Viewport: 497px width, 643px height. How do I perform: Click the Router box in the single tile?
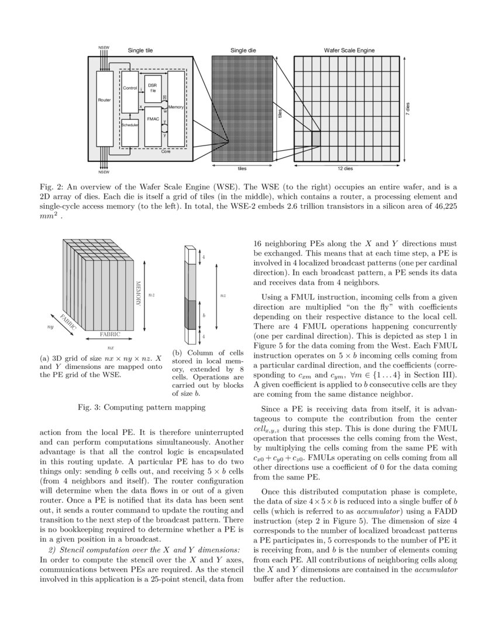104,101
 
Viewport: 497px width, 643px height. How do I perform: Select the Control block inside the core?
129,88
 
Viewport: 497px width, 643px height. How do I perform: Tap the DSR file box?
153,88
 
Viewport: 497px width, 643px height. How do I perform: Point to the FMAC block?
153,119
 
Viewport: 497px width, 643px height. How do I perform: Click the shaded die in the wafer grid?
316,139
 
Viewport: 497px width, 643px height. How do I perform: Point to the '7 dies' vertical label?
408,109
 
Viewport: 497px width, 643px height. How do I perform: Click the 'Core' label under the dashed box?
166,151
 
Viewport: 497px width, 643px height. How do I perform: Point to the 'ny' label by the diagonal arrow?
50,327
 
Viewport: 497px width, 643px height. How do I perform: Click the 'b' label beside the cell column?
203,314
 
